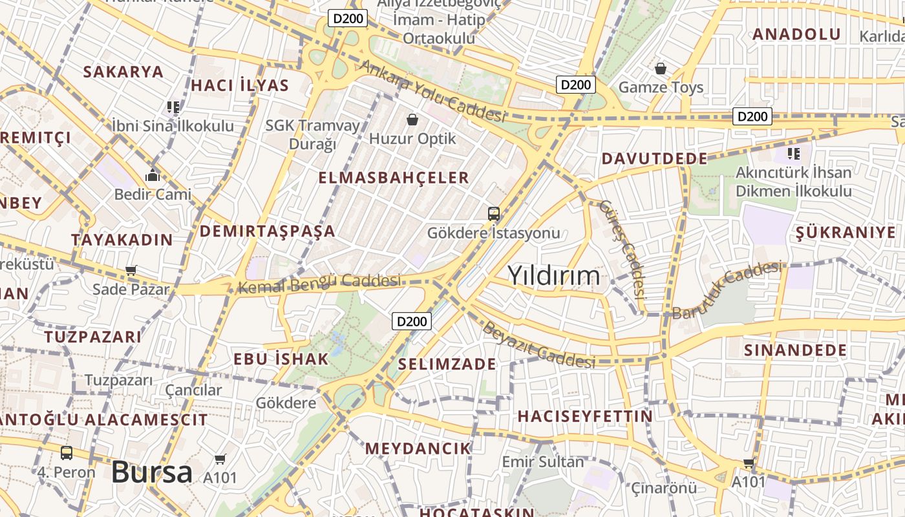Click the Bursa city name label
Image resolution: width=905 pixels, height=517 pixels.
[152, 472]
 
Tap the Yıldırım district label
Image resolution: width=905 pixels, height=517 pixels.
[554, 276]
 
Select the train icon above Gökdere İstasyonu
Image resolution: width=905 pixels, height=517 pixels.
[494, 214]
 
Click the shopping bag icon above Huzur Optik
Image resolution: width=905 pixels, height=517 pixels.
[412, 120]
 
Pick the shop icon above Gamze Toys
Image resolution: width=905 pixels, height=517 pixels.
[661, 68]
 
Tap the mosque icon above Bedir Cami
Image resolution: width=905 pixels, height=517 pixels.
[153, 175]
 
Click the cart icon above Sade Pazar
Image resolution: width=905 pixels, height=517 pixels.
[131, 270]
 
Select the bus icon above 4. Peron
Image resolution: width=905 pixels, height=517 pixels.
[66, 453]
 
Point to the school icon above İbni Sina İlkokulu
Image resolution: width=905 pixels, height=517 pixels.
[173, 107]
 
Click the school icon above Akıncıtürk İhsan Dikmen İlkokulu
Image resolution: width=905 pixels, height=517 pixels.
[794, 154]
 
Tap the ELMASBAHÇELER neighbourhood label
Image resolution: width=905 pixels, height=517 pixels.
[394, 178]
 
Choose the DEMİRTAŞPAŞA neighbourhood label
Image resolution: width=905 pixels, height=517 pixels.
[267, 231]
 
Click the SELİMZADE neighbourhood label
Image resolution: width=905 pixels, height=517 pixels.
[447, 364]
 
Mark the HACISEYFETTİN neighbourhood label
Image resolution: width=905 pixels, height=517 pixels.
[585, 416]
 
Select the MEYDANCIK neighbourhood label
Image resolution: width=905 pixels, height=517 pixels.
[418, 448]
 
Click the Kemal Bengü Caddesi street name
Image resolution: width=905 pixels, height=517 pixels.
[320, 283]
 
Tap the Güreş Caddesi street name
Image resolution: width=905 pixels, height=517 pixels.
[623, 248]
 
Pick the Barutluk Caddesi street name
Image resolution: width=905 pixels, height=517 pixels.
[727, 290]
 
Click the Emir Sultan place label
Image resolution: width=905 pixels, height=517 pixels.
[543, 462]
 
